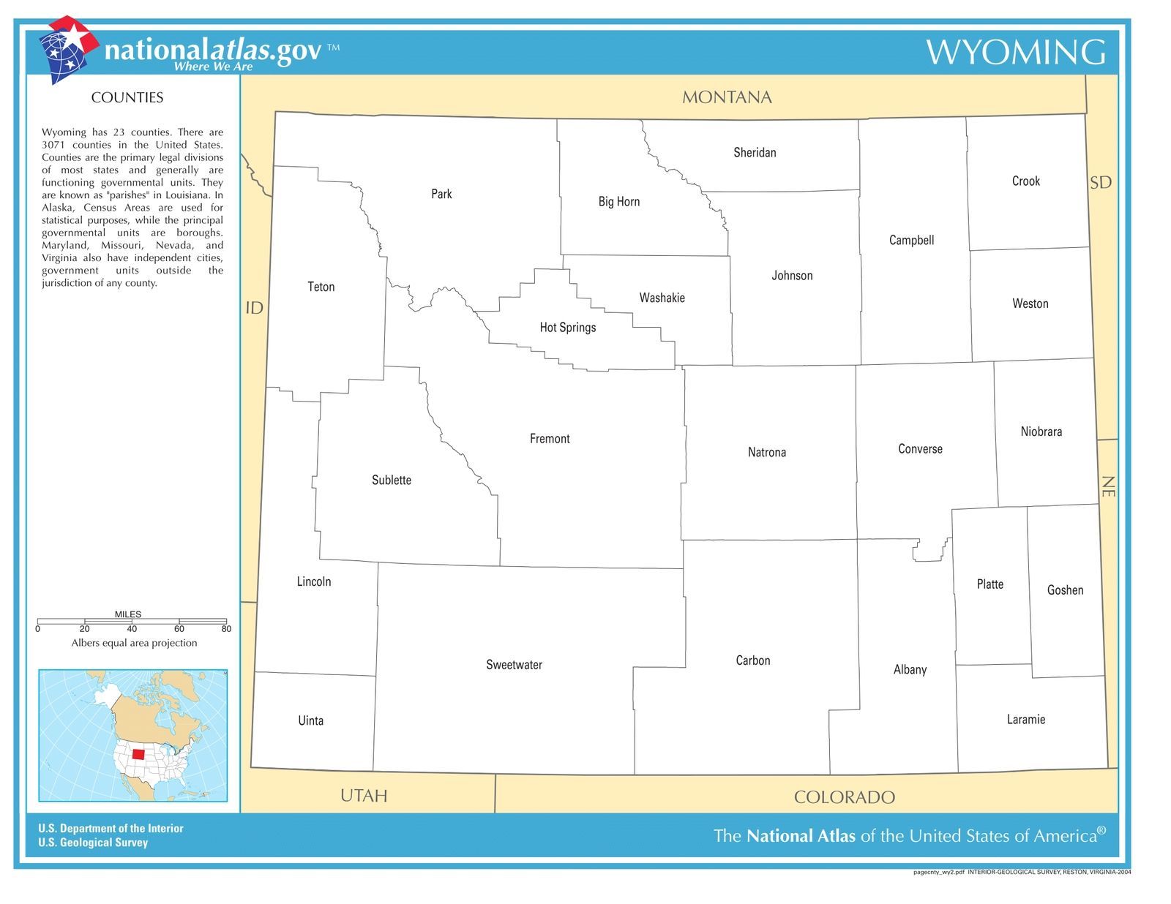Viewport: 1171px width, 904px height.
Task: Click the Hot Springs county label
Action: [x=568, y=328]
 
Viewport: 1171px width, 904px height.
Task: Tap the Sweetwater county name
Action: [x=514, y=665]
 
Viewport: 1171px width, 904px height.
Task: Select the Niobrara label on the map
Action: [x=1041, y=432]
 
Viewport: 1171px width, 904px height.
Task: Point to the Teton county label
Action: [x=321, y=287]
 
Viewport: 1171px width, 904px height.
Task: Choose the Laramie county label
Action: [x=1025, y=720]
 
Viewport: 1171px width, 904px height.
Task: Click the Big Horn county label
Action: [x=618, y=202]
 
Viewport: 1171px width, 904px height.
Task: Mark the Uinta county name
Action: [x=310, y=721]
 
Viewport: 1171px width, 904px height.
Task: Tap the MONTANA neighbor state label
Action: [x=727, y=97]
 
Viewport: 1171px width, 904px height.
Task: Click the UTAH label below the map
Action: [x=364, y=796]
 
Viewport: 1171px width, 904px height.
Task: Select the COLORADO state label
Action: [x=844, y=797]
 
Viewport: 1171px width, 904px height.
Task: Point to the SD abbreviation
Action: [x=1101, y=183]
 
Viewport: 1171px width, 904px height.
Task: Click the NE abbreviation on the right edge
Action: [x=1107, y=486]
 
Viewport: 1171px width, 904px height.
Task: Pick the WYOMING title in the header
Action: [x=1016, y=52]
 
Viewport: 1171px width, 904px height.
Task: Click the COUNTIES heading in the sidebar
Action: [x=127, y=98]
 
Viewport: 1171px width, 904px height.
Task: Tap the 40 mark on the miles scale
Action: [x=132, y=629]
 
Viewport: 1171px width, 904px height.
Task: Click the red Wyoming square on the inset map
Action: [x=138, y=754]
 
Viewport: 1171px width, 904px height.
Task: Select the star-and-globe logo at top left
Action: [x=67, y=48]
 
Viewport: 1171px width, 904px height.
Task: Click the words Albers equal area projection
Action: [x=134, y=643]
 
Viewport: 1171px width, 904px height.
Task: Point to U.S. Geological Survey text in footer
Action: [x=93, y=843]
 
